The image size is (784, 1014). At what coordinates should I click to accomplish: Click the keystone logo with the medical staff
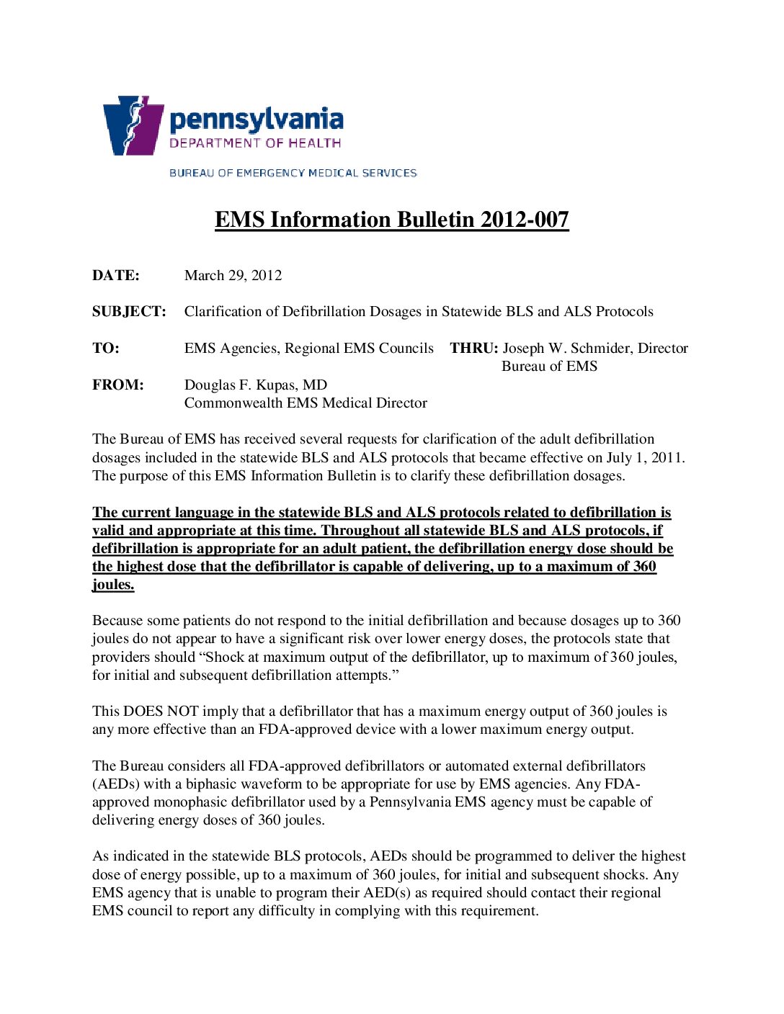pos(133,125)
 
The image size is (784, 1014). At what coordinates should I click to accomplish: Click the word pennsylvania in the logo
pos(256,120)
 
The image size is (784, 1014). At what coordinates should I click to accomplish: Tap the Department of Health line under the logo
pos(255,143)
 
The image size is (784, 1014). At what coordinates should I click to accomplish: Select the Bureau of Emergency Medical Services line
pos(293,173)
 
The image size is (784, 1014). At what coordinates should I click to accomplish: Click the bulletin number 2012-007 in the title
pos(525,220)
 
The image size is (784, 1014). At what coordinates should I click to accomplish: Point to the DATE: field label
pos(116,276)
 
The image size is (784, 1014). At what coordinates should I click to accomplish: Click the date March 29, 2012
pos(233,276)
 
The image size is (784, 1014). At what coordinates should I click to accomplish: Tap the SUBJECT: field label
pos(129,312)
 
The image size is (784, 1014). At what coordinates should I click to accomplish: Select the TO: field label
pos(106,349)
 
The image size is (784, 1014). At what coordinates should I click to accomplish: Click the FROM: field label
pos(118,385)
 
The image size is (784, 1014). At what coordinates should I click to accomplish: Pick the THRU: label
pos(473,349)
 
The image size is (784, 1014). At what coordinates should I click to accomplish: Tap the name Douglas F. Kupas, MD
pos(255,385)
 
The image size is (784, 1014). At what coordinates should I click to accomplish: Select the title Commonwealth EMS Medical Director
pos(306,403)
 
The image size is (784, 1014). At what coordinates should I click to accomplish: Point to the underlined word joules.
pos(113,585)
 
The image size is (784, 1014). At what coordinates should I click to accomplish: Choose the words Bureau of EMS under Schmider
pos(549,367)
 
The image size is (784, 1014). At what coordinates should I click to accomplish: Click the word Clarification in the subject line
pos(231,312)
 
